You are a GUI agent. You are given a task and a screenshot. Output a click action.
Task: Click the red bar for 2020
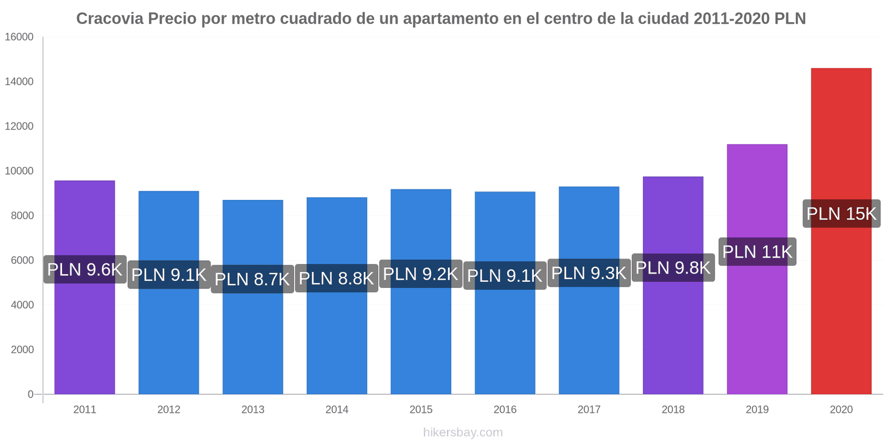(841, 138)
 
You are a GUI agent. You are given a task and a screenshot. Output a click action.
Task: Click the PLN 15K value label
(841, 214)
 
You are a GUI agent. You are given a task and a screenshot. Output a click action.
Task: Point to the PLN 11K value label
(757, 252)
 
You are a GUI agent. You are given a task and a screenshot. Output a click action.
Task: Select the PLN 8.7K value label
(253, 279)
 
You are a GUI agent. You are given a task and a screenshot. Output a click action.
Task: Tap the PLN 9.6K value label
(85, 270)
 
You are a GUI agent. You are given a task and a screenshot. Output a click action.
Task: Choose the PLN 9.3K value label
(589, 273)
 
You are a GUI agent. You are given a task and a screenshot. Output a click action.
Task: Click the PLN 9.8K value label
(673, 268)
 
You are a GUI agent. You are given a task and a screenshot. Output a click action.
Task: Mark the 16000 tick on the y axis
(19, 37)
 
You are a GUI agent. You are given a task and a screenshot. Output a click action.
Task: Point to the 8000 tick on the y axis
(22, 215)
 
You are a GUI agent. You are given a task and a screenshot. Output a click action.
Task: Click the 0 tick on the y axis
(30, 394)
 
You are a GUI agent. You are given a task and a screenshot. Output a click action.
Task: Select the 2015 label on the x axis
(421, 410)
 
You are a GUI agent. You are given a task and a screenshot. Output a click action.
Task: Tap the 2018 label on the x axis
(673, 410)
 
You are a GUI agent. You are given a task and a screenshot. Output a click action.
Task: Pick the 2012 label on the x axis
(169, 410)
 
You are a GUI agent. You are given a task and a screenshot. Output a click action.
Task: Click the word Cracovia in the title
(110, 19)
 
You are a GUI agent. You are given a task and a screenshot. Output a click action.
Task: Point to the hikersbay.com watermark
(463, 432)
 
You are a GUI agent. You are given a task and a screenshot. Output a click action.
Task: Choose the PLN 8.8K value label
(337, 278)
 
